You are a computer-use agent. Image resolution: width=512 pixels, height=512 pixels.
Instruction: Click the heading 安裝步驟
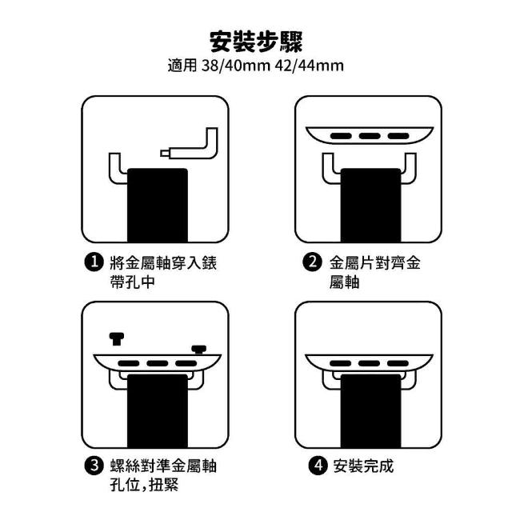pos(256,42)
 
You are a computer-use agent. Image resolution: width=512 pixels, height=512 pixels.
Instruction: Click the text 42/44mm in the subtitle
pos(310,66)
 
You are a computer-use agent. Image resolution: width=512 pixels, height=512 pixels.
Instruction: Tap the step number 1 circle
pos(94,262)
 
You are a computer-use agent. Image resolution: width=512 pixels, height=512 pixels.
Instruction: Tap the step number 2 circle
pos(313,262)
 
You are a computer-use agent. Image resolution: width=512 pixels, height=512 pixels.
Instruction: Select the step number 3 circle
pos(94,466)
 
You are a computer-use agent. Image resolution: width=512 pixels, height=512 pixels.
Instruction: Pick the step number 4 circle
pos(318,466)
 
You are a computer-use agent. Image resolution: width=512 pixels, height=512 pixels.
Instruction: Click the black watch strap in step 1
pos(158,205)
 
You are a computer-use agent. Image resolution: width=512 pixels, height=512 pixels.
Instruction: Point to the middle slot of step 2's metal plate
pos(370,136)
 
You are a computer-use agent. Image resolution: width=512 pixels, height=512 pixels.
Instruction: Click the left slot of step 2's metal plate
pos(341,136)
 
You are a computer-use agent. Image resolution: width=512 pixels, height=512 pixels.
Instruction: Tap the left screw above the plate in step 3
pos(117,339)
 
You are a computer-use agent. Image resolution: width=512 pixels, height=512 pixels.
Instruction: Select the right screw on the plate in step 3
pos(199,350)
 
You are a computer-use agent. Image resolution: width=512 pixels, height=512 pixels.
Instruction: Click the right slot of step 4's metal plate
pos(398,363)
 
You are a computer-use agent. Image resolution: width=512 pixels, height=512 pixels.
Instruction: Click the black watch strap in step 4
pos(370,411)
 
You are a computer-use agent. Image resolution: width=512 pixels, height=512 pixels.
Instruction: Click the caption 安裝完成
pos(363,466)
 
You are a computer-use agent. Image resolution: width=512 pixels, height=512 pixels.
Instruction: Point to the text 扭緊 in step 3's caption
pos(164,485)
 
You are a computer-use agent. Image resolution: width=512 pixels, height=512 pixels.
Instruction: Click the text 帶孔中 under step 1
pos(132,282)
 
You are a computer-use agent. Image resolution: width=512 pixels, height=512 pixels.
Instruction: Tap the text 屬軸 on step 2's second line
pos(344,282)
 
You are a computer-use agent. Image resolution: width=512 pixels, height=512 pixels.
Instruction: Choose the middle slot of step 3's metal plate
pos(158,363)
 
